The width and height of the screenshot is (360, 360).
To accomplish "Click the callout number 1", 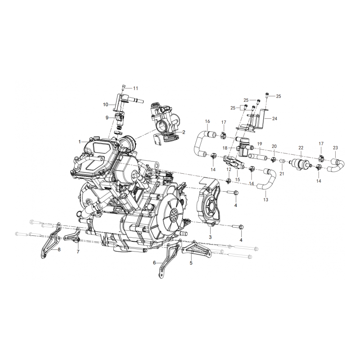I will [79, 142].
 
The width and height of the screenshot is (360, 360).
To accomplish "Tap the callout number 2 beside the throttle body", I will [184, 132].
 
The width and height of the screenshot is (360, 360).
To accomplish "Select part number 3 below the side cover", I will [210, 237].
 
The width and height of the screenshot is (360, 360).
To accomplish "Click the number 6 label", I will [154, 262].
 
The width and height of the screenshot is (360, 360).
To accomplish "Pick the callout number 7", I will [78, 252].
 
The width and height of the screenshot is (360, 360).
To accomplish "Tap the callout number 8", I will [59, 248].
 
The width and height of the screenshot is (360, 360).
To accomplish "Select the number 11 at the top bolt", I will [135, 88].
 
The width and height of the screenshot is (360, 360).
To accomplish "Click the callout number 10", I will [105, 104].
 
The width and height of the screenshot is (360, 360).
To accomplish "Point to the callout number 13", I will [265, 199].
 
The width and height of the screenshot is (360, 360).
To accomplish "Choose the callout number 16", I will [207, 121].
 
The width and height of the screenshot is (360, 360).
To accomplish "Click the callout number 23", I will [335, 148].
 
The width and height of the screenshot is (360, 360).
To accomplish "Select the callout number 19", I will [260, 144].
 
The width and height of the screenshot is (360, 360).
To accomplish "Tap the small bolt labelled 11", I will [123, 88].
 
